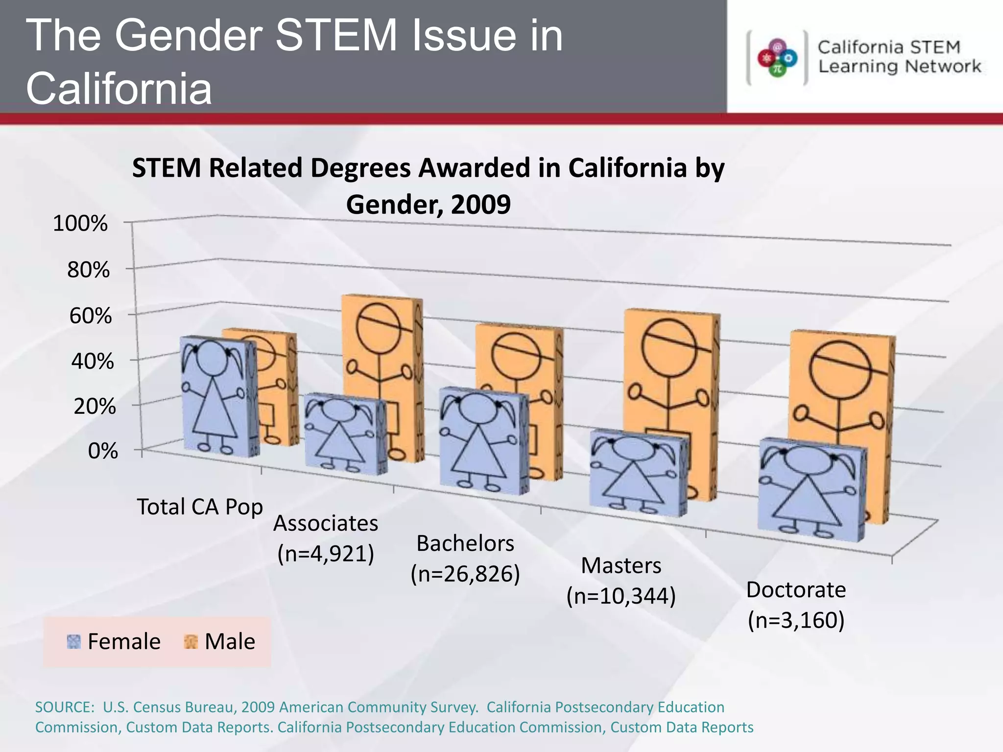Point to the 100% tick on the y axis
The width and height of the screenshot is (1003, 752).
point(80,224)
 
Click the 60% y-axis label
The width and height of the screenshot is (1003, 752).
point(91,316)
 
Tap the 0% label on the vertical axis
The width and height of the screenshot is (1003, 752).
point(103,451)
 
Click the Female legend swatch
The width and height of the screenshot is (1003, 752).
point(73,641)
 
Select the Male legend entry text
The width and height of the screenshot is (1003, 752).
point(230,641)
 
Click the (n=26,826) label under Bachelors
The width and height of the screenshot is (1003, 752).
point(465,574)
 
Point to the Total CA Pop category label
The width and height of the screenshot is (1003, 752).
point(200,507)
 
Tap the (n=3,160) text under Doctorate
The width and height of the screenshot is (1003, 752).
point(796,620)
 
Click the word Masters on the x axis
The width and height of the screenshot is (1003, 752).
point(621,565)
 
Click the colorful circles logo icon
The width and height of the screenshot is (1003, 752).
point(777,58)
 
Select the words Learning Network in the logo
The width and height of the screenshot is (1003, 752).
point(900,67)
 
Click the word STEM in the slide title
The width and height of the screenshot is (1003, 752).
point(337,35)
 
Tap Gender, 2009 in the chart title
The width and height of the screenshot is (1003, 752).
point(428,204)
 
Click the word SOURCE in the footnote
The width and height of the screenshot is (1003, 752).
point(64,707)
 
